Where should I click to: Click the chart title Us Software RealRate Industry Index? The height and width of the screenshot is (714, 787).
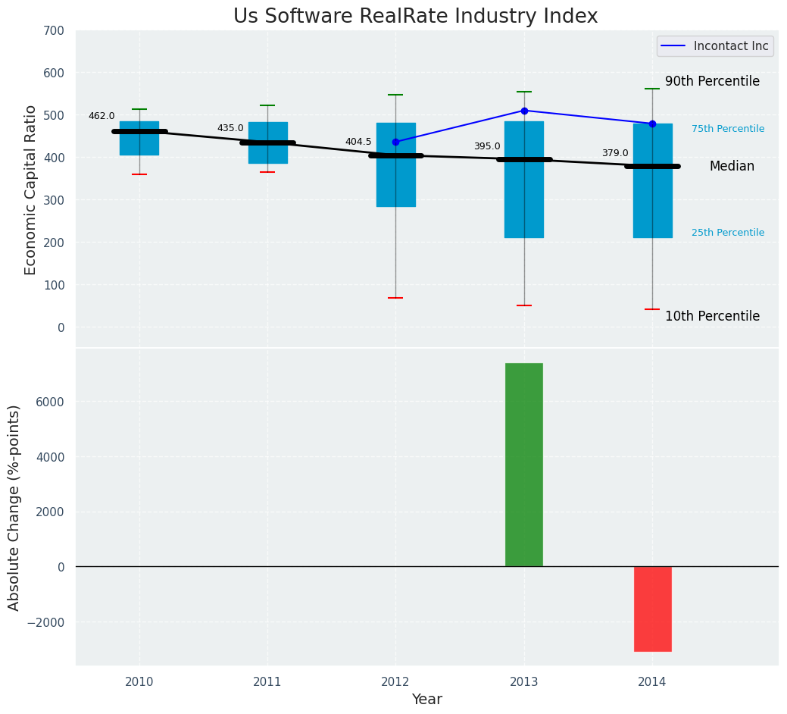[415, 16]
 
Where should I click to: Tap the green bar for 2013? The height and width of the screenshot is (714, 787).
[524, 465]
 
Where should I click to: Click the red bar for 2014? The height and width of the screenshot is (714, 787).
[652, 609]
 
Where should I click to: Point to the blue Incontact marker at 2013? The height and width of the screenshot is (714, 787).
[524, 111]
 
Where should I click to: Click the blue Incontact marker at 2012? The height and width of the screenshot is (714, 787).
[395, 142]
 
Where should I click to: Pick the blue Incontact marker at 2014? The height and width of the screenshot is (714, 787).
[652, 124]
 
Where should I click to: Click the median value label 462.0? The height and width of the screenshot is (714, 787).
[101, 116]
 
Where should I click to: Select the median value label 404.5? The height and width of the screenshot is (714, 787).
[358, 142]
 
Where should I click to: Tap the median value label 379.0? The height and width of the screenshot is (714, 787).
[615, 153]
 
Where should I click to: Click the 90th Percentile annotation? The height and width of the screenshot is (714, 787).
[712, 81]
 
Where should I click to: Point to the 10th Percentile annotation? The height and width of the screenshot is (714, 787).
[712, 316]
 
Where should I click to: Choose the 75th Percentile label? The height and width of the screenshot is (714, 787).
[728, 129]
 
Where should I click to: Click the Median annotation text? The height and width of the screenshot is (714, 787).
[732, 166]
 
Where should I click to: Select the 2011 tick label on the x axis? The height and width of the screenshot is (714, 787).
[267, 682]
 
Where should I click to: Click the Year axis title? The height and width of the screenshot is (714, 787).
[427, 700]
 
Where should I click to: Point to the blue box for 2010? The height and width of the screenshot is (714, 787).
[139, 138]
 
